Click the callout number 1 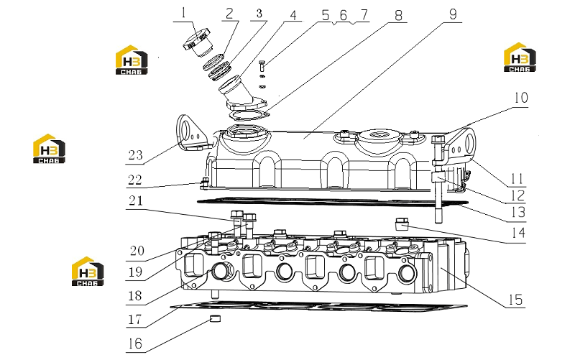click(x=183, y=13)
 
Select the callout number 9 click(x=454, y=14)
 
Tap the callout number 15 click(x=515, y=300)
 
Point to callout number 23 click(x=135, y=155)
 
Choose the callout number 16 click(x=135, y=343)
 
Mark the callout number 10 click(x=520, y=98)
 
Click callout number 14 click(x=518, y=232)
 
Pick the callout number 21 click(x=136, y=201)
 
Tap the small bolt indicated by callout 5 click(x=262, y=66)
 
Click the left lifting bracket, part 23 click(x=192, y=133)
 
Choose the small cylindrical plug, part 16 click(x=215, y=318)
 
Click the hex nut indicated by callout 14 click(x=402, y=223)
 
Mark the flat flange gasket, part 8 click(x=249, y=115)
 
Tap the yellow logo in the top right click(x=520, y=57)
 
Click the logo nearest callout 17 click(x=88, y=272)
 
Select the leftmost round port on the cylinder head click(x=222, y=271)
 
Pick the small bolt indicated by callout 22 click(x=205, y=183)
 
